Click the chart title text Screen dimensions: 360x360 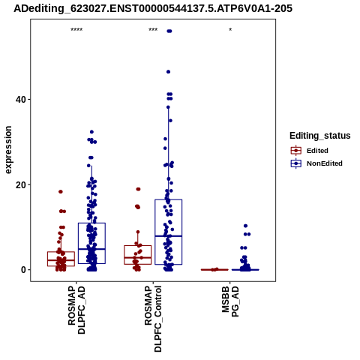(153, 8)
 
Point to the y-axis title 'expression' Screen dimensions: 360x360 (8, 150)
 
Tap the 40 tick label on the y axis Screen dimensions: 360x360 (20, 99)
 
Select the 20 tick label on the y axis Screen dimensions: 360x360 (20, 184)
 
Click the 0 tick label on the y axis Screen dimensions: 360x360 (23, 270)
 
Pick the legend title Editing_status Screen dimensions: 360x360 (320, 136)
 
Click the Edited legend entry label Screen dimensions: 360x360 (317, 151)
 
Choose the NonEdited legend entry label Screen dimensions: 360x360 (325, 163)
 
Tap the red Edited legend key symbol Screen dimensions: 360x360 (296, 151)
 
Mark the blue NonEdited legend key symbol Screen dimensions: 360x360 (296, 163)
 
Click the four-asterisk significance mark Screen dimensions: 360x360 (76, 30)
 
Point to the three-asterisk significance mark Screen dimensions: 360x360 (153, 30)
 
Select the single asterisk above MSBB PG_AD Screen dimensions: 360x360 (230, 30)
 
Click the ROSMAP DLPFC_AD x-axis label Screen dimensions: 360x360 (76, 310)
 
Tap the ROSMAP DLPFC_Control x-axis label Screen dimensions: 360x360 (153, 319)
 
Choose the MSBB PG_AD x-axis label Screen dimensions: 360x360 (230, 301)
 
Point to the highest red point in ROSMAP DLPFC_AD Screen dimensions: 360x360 (61, 192)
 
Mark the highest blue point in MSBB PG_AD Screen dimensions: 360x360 (245, 226)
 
